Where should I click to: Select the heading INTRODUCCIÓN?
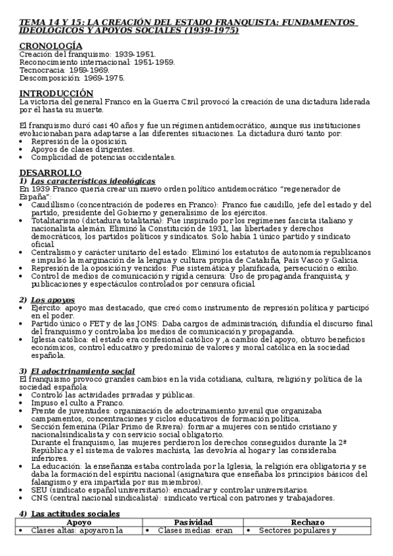(x=56, y=93)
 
